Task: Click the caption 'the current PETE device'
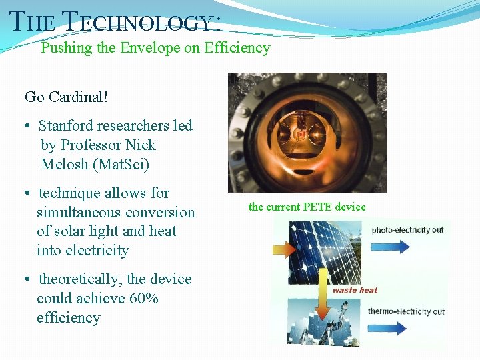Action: (x=307, y=207)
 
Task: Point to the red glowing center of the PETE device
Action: (x=301, y=135)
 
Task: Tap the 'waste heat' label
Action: (x=355, y=290)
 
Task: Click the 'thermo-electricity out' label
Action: (x=406, y=311)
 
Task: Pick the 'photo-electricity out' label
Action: (x=407, y=230)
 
